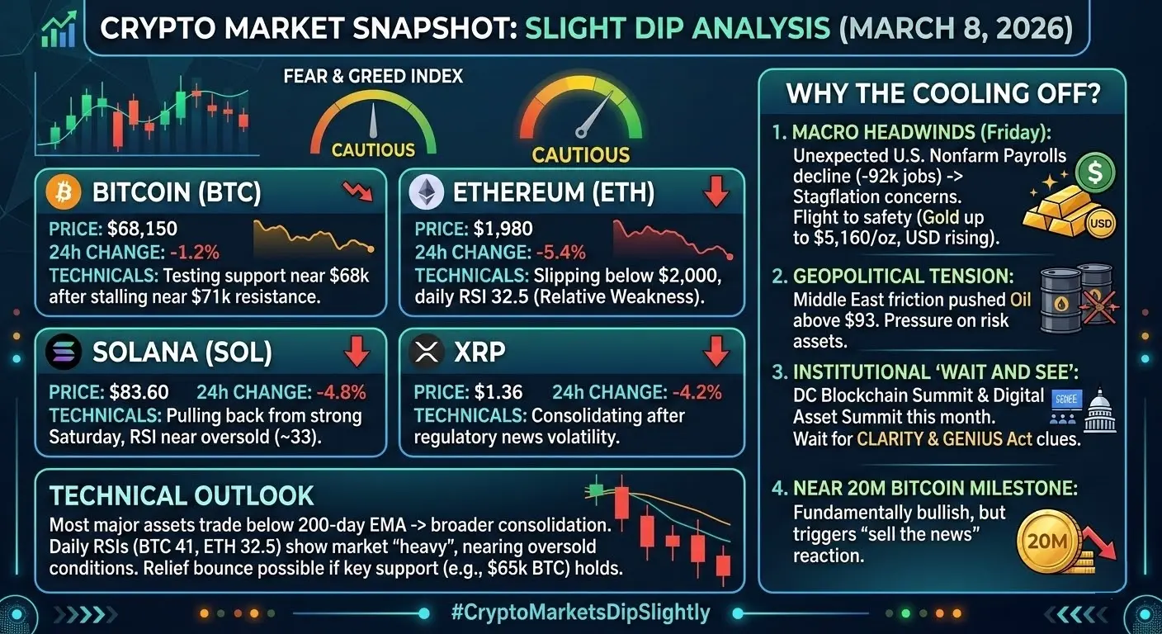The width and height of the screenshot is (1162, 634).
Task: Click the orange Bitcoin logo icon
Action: (64, 193)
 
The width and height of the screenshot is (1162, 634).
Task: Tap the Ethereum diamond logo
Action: (427, 193)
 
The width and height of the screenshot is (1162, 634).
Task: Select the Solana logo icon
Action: (64, 353)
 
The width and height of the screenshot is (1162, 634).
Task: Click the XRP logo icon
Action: (427, 353)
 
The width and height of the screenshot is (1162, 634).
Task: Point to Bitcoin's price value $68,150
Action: (144, 229)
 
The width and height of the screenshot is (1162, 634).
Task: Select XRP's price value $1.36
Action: (498, 392)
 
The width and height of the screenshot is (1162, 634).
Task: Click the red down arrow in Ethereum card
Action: (716, 192)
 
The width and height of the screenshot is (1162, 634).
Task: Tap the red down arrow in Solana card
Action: (357, 352)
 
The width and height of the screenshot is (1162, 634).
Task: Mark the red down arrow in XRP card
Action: (716, 352)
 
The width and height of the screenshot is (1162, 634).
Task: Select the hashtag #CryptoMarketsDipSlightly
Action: (581, 613)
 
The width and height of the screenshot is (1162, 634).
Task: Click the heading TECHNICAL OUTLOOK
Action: (182, 495)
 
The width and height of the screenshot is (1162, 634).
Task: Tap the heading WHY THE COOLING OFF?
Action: (943, 93)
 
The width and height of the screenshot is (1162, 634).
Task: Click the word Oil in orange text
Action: (1020, 299)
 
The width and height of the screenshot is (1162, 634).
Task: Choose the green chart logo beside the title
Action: (58, 29)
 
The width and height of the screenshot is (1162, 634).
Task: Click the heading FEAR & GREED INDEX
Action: (373, 77)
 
